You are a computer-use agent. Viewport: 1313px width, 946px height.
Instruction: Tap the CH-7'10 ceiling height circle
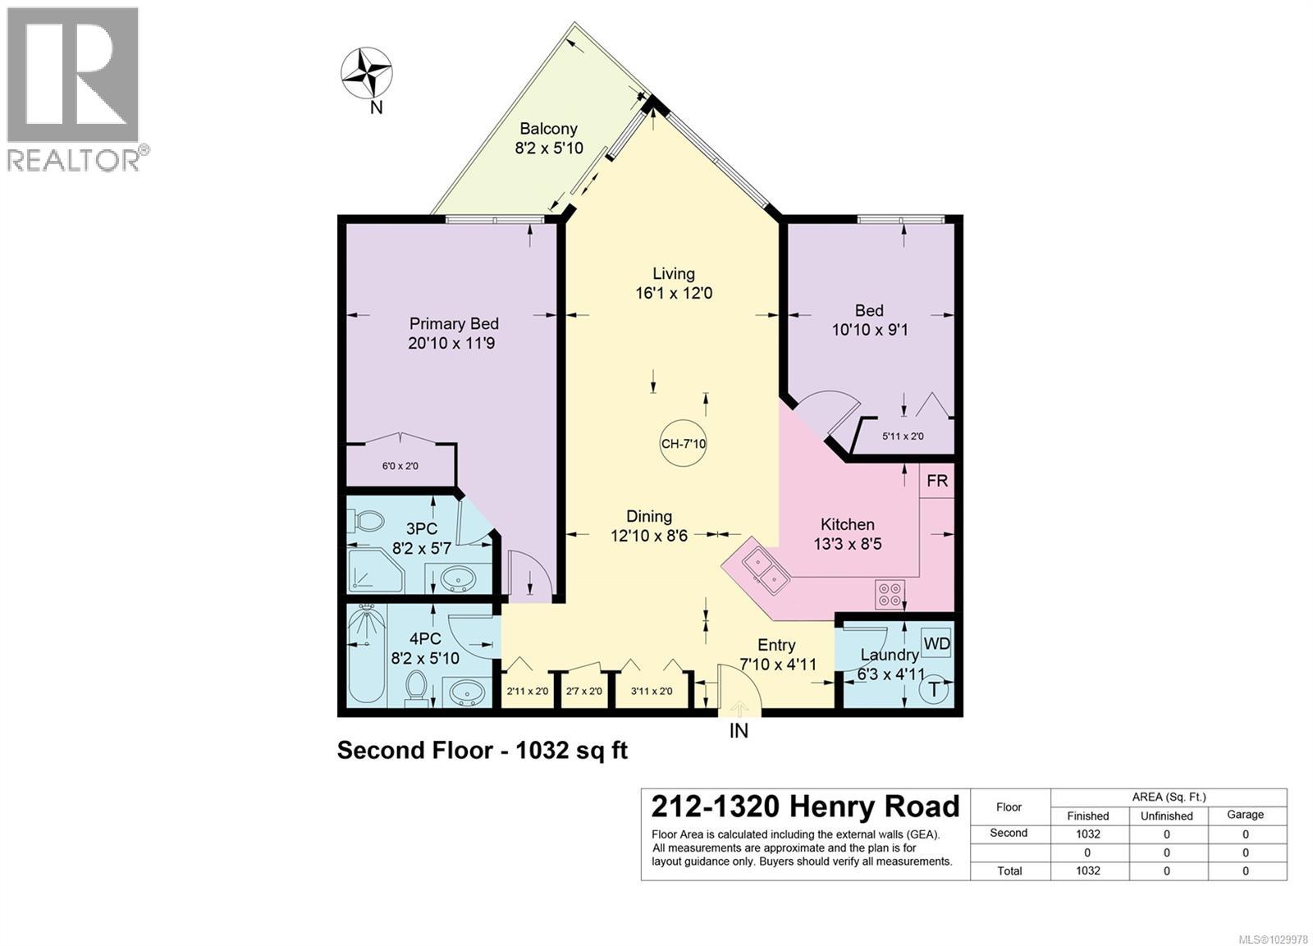(684, 444)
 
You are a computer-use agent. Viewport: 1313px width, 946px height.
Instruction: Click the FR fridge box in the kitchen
(936, 481)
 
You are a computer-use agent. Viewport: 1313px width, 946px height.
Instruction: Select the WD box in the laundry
(936, 644)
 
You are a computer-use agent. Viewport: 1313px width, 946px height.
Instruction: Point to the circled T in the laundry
(934, 690)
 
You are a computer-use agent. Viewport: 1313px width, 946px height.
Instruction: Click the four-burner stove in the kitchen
(890, 593)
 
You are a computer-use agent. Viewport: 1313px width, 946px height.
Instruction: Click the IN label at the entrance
(739, 730)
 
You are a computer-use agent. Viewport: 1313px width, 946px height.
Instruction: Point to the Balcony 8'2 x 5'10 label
(548, 139)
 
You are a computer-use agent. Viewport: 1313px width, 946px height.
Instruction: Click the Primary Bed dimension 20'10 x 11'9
(451, 343)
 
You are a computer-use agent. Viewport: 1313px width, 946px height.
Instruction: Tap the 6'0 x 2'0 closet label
(400, 466)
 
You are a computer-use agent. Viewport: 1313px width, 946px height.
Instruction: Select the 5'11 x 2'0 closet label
(903, 436)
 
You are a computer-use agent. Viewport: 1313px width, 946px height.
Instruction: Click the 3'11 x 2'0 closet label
(652, 692)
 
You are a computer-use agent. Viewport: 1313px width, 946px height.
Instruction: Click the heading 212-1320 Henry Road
(805, 807)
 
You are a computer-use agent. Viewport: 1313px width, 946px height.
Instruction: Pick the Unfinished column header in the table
(1166, 816)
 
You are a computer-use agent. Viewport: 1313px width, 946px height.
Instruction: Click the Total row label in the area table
(1009, 871)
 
